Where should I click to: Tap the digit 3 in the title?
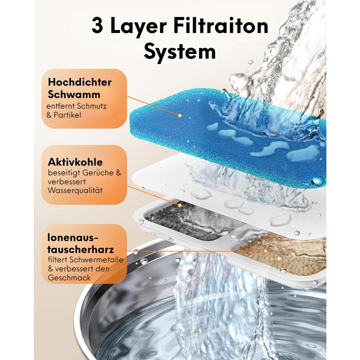click(98, 25)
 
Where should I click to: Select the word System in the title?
click(179, 51)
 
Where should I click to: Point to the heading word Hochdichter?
click(79, 82)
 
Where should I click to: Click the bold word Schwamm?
click(74, 94)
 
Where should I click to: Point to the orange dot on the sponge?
click(179, 115)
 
